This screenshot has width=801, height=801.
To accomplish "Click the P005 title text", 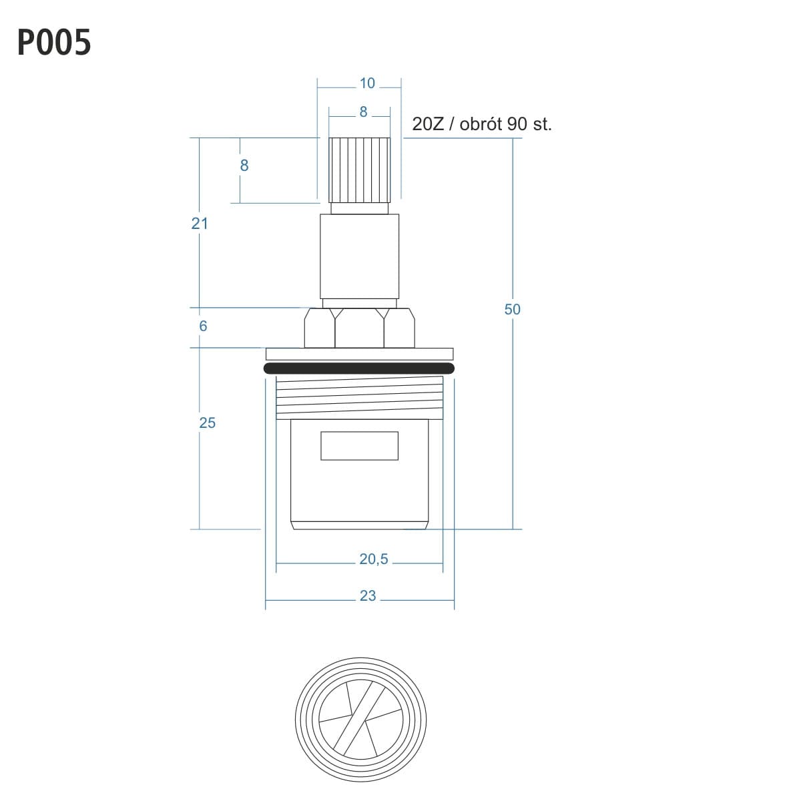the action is (54, 42).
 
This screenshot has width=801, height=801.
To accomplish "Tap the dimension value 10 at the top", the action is (367, 83).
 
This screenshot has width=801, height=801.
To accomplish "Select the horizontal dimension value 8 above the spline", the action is (363, 112).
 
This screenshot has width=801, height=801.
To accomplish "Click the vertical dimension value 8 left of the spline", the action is (244, 166).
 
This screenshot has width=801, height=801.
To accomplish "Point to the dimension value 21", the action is (199, 224).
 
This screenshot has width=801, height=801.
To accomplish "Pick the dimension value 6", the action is (203, 326).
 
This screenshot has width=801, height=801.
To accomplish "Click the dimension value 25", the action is (207, 423).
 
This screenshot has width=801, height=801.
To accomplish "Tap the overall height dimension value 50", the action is (512, 309).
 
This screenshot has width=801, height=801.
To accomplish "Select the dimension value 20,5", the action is (373, 559).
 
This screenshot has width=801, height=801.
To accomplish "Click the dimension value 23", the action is (367, 595).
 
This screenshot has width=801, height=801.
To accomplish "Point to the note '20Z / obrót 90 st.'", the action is (482, 124).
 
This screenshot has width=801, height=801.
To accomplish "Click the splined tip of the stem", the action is (360, 170).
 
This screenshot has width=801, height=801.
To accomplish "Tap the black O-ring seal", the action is (359, 368).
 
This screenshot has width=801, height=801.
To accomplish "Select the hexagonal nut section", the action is (359, 328).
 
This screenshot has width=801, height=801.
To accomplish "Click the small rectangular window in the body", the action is (359, 446).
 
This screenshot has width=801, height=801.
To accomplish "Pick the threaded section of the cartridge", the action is (360, 397).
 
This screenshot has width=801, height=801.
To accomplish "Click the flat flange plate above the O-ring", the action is (360, 354).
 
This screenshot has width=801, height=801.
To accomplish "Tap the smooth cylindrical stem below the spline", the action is (360, 256).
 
